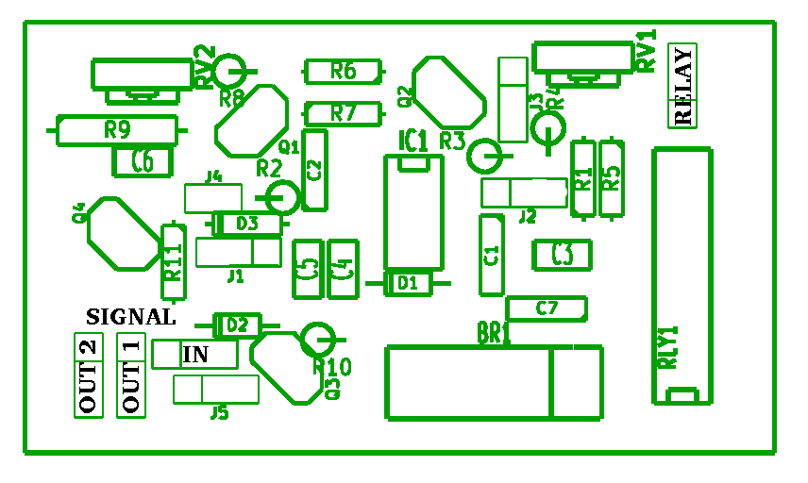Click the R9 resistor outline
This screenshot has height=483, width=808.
click(117, 130)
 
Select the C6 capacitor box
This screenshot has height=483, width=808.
click(143, 162)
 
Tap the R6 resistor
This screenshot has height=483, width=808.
click(344, 71)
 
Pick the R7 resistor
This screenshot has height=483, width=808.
click(344, 113)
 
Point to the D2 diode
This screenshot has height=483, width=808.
click(237, 325)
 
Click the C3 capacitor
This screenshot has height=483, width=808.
click(562, 255)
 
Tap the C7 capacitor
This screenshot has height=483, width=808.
click(547, 308)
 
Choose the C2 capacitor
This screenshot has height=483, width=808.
click(315, 171)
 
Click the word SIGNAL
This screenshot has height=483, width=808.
click(130, 317)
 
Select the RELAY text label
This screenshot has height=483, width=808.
click(682, 86)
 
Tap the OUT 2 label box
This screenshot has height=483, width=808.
click(88, 375)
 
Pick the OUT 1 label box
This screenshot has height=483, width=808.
click(131, 375)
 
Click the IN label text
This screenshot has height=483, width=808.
click(195, 355)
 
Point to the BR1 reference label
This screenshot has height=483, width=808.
click(494, 333)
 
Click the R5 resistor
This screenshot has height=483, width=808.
click(612, 178)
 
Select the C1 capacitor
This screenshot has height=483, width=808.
click(491, 255)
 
